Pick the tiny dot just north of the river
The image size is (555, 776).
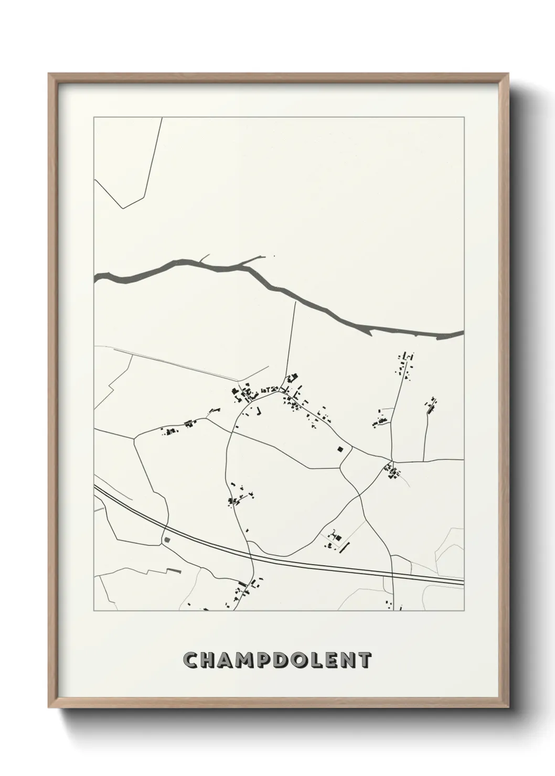pyautogui.click(x=274, y=257)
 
